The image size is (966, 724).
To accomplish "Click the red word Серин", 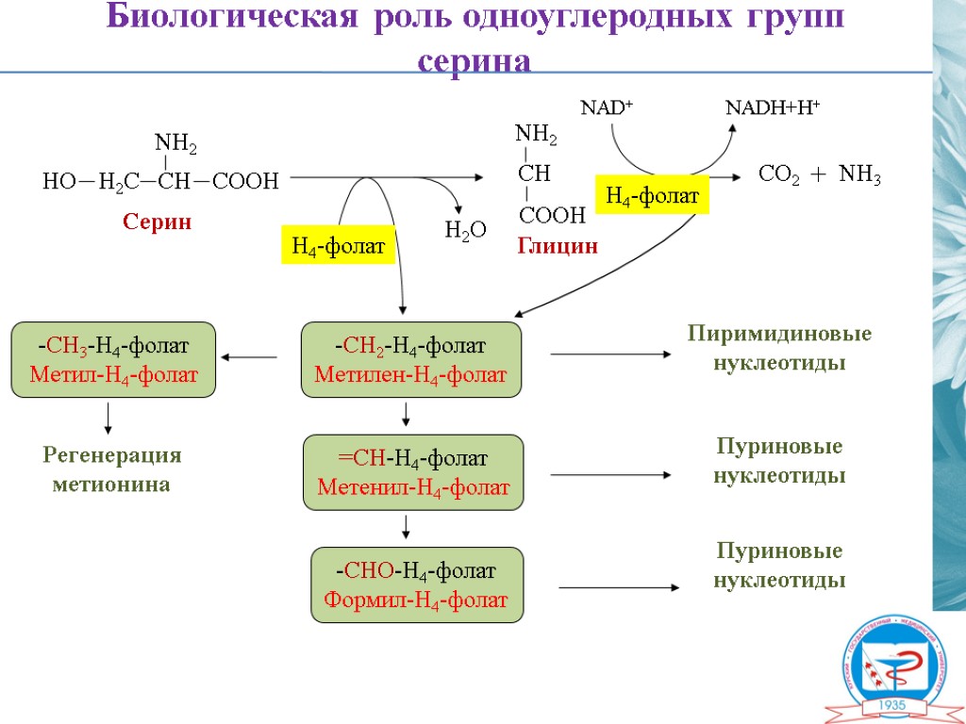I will point(157,222).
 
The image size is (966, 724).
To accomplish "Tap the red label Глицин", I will point(558,247).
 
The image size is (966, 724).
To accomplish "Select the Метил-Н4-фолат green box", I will point(113,359).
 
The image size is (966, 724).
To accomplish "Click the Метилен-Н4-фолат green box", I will point(410,359).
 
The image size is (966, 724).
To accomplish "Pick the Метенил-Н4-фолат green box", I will point(413,472).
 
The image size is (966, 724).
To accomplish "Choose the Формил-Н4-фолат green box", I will point(416,584).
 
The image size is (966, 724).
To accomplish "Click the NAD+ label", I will point(606,107).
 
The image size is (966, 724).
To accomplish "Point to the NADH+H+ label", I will point(772,107).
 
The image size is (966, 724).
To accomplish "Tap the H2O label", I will point(465,229).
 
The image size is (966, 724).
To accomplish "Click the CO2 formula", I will point(780,175).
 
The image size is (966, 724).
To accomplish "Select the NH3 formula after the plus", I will point(859,175).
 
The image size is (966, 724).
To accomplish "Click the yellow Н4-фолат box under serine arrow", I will point(338,247).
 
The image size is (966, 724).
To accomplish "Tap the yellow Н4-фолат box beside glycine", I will point(652,196).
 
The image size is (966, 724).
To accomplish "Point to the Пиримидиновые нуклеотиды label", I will point(779,348).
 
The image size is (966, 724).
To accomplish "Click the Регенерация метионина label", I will point(112,469).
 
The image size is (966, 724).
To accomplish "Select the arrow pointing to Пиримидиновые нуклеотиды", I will point(609,354).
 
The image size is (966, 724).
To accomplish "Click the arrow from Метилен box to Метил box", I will point(250,357).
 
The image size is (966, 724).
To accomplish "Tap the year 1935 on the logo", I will point(892,705).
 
